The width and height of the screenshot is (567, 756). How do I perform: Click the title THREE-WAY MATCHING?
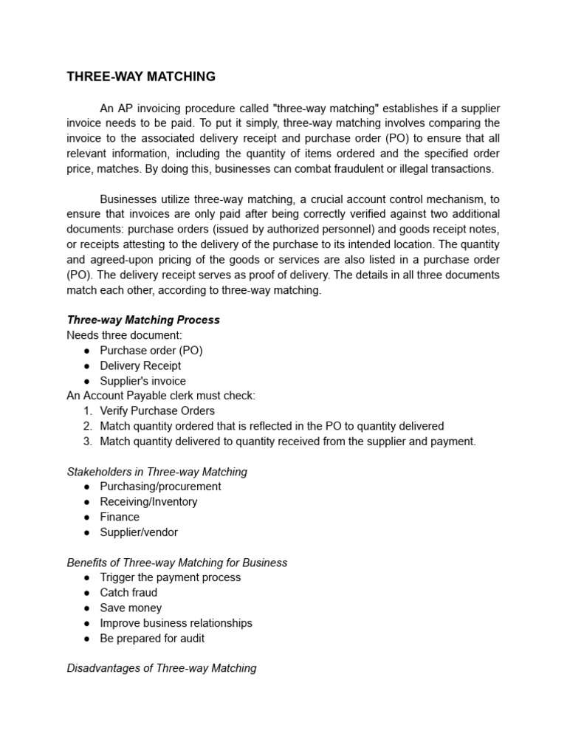click(x=141, y=76)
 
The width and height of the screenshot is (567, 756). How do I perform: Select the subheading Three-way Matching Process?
click(x=143, y=320)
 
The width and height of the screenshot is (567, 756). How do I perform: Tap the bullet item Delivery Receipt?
click(x=140, y=365)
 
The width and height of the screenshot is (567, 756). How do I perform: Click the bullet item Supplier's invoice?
click(x=142, y=381)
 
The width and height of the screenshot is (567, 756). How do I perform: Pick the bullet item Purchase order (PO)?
click(x=151, y=351)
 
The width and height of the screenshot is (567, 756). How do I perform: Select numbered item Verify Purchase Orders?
click(x=157, y=410)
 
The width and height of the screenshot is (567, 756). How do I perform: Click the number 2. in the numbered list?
click(x=87, y=426)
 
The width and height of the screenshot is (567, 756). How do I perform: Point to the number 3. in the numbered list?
click(x=87, y=441)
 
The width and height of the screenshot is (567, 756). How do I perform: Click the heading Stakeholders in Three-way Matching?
click(x=157, y=471)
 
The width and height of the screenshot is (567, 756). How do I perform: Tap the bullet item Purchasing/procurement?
click(x=160, y=487)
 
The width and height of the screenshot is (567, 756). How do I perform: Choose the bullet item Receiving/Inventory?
click(x=148, y=501)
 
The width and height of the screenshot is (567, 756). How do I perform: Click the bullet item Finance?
click(x=120, y=517)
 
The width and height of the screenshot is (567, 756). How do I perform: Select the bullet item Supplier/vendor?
click(x=139, y=532)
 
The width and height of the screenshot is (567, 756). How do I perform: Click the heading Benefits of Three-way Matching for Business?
click(x=176, y=563)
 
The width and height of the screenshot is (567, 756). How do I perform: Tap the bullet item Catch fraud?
click(x=128, y=592)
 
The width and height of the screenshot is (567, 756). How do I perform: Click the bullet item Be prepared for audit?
click(x=152, y=638)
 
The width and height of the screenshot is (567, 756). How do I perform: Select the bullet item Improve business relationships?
click(x=176, y=622)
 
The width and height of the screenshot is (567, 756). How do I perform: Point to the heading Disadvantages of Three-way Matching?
click(x=162, y=668)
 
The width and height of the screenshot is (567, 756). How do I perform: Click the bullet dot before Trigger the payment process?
click(x=87, y=577)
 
